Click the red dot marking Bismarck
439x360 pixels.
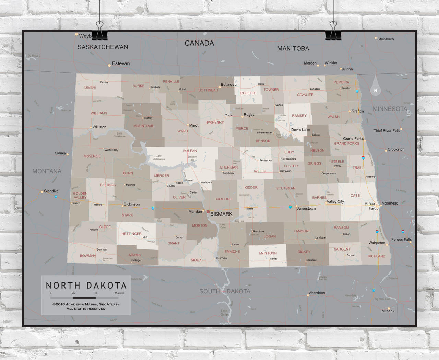click(x=208, y=212)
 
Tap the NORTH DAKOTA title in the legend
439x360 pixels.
click(x=86, y=286)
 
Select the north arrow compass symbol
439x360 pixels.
click(x=376, y=87)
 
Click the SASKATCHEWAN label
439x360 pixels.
click(x=103, y=47)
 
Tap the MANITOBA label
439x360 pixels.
click(x=293, y=49)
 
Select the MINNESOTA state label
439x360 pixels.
click(x=390, y=109)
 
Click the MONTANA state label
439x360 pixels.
click(x=47, y=171)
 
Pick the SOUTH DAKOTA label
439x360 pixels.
click(x=225, y=291)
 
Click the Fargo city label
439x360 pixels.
click(x=373, y=208)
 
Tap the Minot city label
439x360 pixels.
click(x=194, y=125)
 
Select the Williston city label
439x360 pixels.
click(x=99, y=127)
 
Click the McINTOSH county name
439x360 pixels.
click(x=268, y=253)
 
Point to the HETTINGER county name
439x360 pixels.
click(x=131, y=234)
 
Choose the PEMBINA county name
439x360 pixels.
click(x=341, y=82)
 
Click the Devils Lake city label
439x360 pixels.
click(x=300, y=130)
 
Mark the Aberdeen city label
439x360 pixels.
click(x=317, y=293)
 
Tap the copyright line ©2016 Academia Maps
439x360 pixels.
click(x=86, y=304)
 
